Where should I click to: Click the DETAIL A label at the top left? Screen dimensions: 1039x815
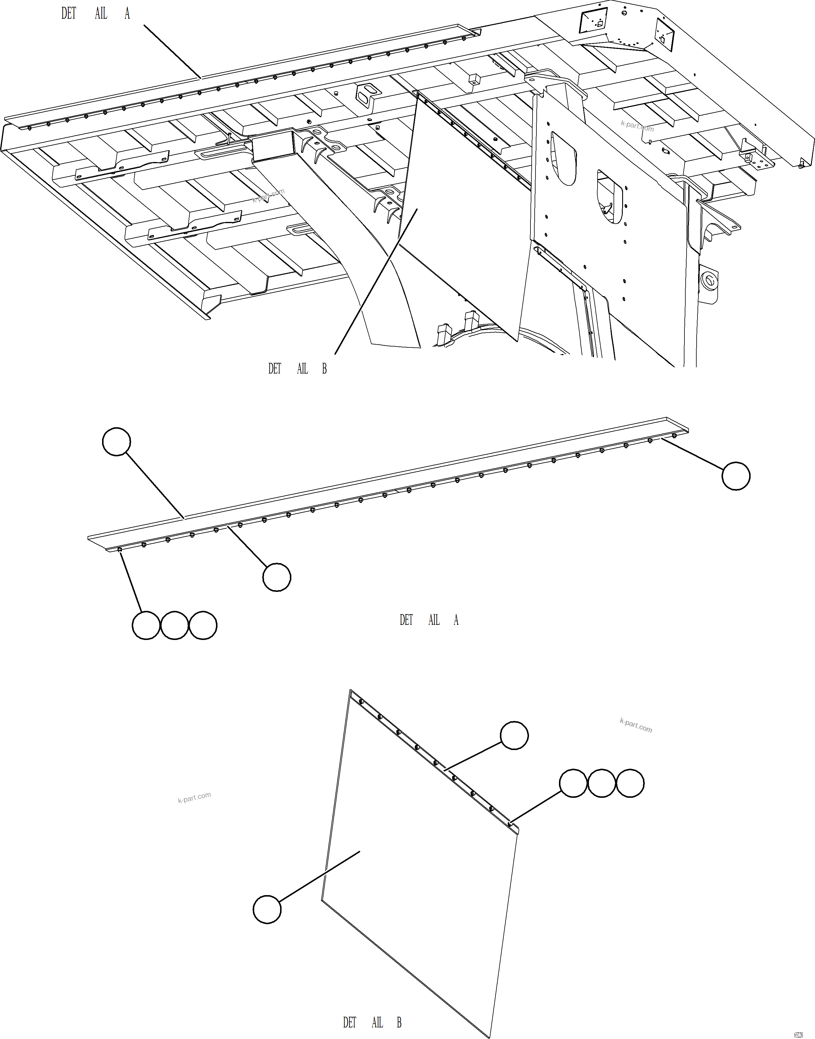pyautogui.click(x=96, y=13)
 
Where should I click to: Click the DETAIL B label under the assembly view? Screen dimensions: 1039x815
pyautogui.click(x=297, y=369)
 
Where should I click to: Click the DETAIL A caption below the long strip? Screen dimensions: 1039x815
pyautogui.click(x=428, y=620)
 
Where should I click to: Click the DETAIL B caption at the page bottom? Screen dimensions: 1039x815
pyautogui.click(x=372, y=1022)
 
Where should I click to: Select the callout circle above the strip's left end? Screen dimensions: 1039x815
pyautogui.click(x=116, y=442)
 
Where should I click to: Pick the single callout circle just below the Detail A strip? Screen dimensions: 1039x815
pyautogui.click(x=277, y=577)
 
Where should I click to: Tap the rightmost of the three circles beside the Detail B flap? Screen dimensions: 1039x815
pyautogui.click(x=630, y=783)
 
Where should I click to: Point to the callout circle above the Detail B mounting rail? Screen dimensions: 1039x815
pyautogui.click(x=514, y=735)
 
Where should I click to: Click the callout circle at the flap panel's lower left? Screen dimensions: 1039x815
pyautogui.click(x=267, y=909)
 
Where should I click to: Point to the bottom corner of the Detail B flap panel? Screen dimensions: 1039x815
pyautogui.click(x=490, y=1036)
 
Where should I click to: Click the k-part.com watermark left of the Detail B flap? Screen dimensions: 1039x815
pyautogui.click(x=194, y=797)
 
